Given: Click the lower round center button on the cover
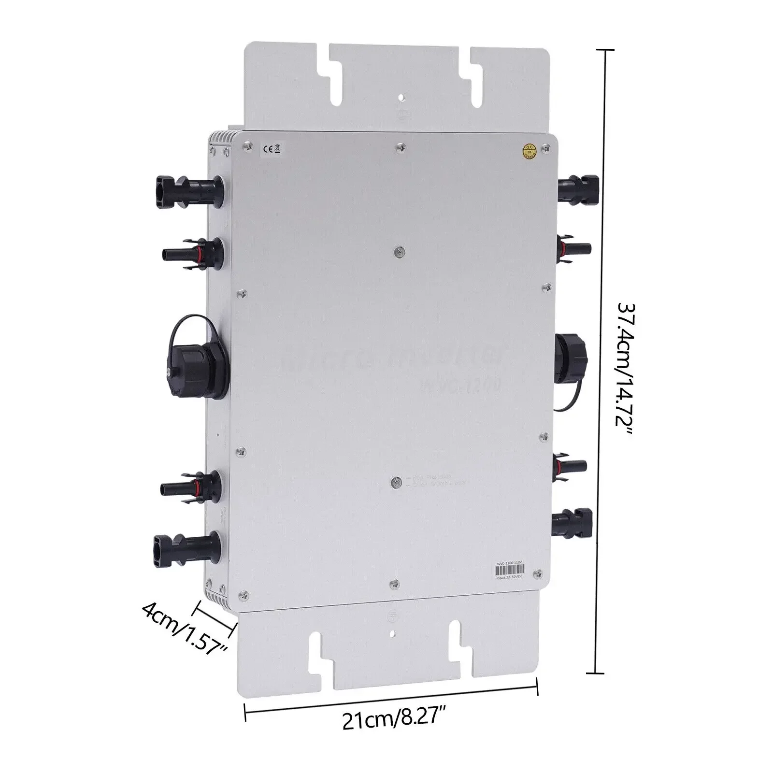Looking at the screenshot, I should tap(395, 482).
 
